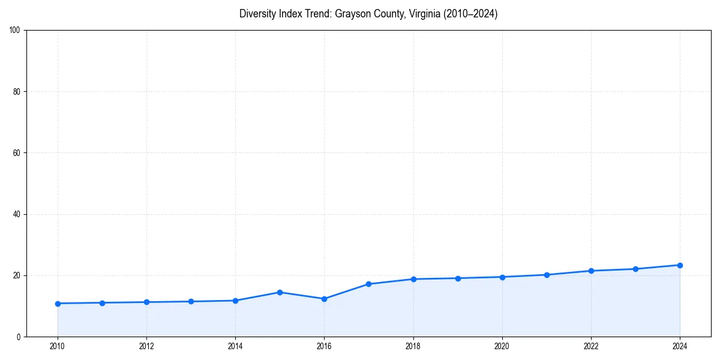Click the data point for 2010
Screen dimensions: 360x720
click(58, 304)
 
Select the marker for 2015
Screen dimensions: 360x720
click(280, 292)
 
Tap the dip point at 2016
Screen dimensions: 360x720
click(324, 299)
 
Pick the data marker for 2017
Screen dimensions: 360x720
click(368, 284)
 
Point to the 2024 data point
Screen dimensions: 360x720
click(680, 265)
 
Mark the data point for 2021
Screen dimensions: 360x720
click(547, 275)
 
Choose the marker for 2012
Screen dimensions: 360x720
click(146, 302)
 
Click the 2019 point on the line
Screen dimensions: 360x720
click(458, 278)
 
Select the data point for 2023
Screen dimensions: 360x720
click(635, 269)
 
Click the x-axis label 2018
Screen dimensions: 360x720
click(413, 346)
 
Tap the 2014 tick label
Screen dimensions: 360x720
click(235, 346)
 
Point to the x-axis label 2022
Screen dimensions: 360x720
click(591, 346)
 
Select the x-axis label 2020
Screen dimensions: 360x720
click(502, 346)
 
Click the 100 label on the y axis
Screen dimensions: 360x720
click(16, 31)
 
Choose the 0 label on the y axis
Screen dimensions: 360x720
click(19, 337)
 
